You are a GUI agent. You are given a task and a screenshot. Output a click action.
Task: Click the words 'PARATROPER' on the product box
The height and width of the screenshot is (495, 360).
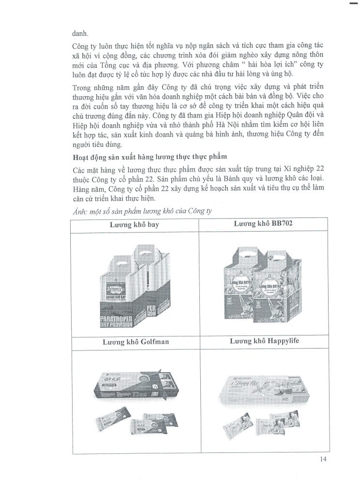tap(122, 320)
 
